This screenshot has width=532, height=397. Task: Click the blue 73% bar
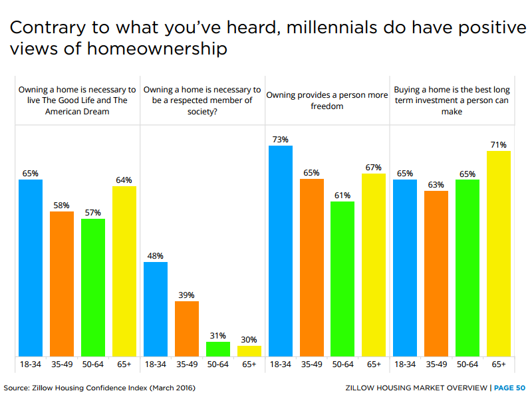[x=280, y=250]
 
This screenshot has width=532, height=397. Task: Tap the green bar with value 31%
[x=217, y=348]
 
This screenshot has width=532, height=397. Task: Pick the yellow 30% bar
[x=249, y=350]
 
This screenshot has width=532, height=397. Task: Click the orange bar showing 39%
[x=187, y=329]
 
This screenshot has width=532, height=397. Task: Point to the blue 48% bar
[x=155, y=309]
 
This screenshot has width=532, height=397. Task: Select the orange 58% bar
[x=61, y=283]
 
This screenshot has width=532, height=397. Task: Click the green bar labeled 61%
[x=342, y=278]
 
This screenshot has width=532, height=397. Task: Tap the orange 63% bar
[x=436, y=273]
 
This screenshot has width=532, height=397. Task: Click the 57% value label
[x=92, y=213]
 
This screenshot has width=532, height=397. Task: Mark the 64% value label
[x=124, y=180]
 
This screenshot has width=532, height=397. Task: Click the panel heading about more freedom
[x=327, y=100]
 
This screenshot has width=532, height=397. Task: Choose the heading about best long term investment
[x=452, y=100]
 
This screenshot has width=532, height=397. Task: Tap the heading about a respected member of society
[x=202, y=100]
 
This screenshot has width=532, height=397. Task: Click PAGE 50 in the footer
[x=509, y=387]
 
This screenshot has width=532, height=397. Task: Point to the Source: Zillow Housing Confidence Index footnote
[x=100, y=387]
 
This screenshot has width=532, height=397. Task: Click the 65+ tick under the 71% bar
[x=499, y=364]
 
